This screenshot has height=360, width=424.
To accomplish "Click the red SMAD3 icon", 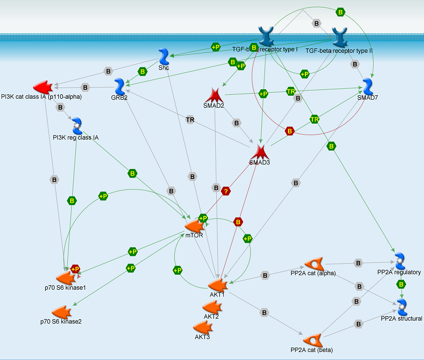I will click(259, 152).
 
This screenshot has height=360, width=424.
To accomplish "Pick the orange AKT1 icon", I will click(218, 285).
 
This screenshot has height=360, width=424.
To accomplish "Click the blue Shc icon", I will click(164, 56).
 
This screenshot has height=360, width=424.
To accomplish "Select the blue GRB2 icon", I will click(120, 87).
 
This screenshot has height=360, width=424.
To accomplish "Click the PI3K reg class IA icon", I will click(77, 126).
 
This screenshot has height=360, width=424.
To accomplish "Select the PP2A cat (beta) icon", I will click(312, 341).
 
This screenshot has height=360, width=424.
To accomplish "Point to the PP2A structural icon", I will click(402, 306).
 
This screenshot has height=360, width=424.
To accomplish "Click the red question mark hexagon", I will click(225, 190).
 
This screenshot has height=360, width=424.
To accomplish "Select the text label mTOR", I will click(194, 235).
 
